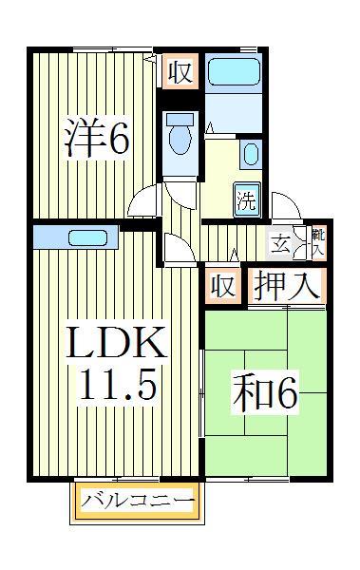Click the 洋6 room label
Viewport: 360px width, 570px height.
[x=96, y=139]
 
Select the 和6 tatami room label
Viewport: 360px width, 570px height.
[x=263, y=395]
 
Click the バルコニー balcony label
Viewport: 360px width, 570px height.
[x=137, y=500]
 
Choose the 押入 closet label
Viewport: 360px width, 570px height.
[x=285, y=285]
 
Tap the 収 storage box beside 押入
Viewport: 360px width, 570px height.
[x=221, y=286]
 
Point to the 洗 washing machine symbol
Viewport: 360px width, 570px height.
[x=246, y=199]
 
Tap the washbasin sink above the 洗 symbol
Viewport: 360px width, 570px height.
[x=250, y=154]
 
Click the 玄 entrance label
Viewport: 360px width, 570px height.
[x=282, y=243]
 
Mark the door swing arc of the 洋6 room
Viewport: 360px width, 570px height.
[x=143, y=200]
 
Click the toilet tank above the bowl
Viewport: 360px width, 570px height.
[x=179, y=121]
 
